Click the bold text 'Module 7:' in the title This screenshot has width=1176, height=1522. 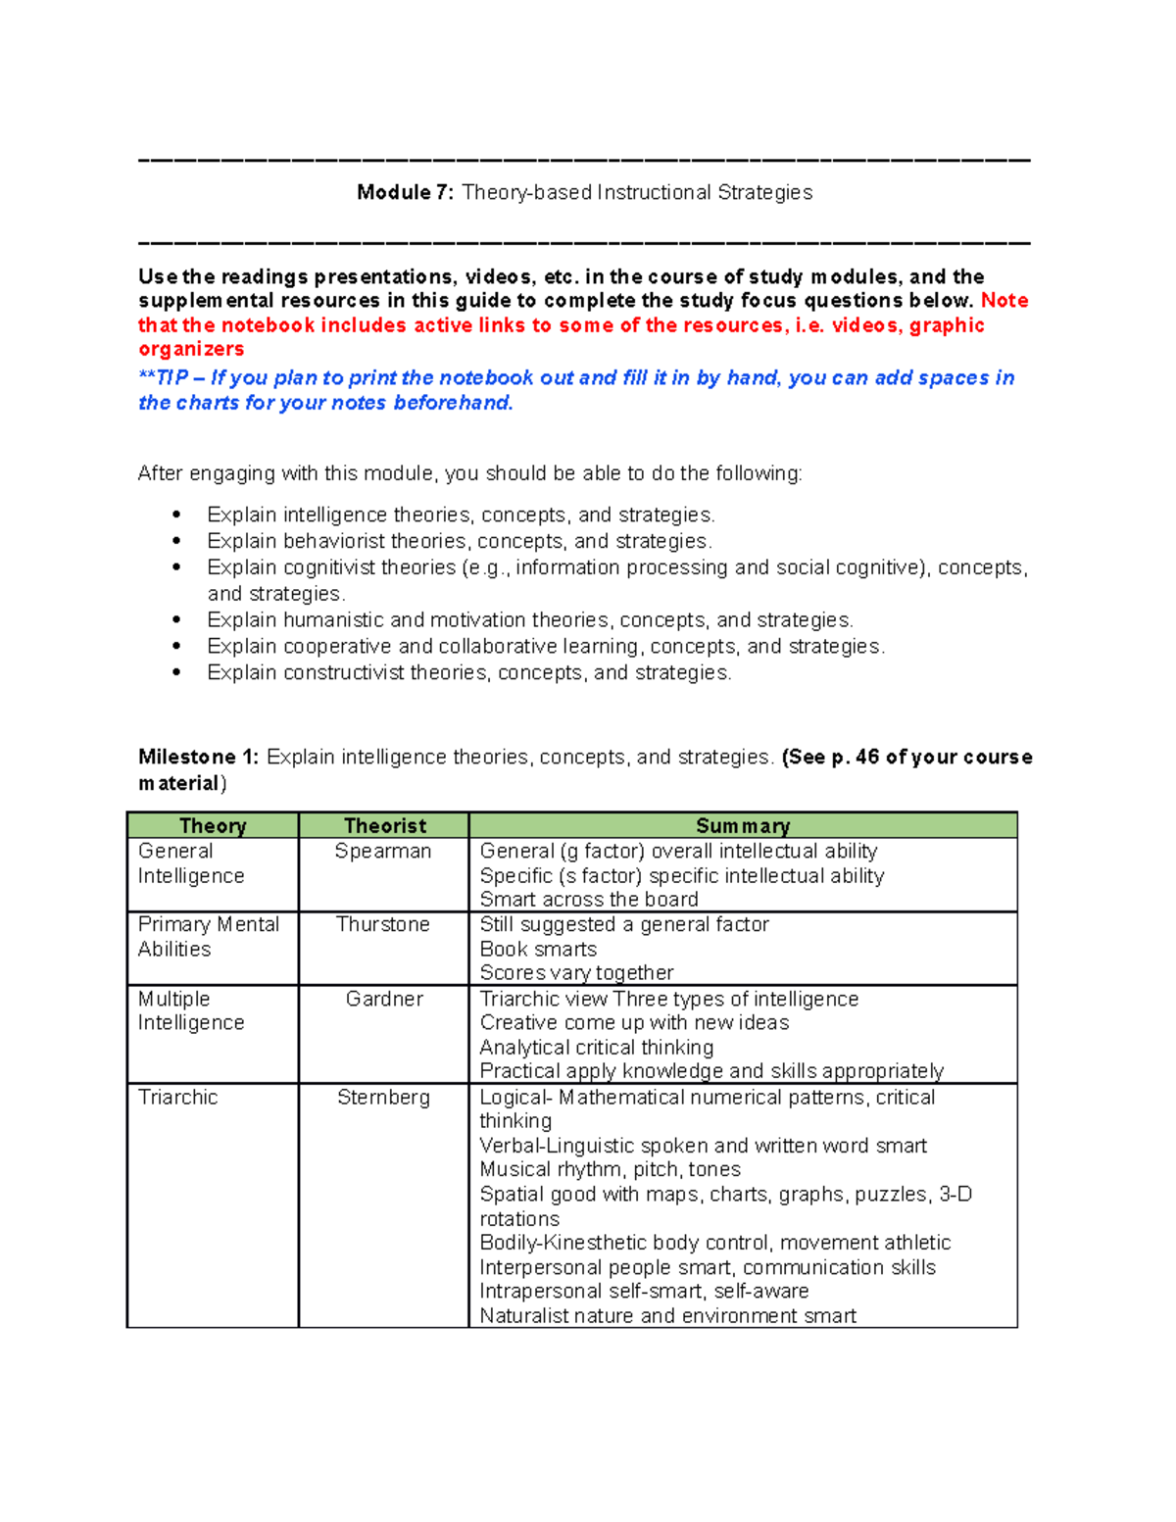pyautogui.click(x=405, y=193)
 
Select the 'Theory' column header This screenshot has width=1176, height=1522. pyautogui.click(x=213, y=826)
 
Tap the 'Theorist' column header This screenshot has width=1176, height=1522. pyautogui.click(x=384, y=826)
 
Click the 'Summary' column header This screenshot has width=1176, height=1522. pyautogui.click(x=743, y=826)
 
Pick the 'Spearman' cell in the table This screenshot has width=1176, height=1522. pyautogui.click(x=383, y=852)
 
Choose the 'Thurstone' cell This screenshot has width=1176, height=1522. pyautogui.click(x=383, y=925)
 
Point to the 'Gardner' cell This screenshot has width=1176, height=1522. pyautogui.click(x=384, y=1000)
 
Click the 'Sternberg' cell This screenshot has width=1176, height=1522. pyautogui.click(x=383, y=1098)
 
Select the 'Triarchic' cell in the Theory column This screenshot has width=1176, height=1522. pyautogui.click(x=178, y=1098)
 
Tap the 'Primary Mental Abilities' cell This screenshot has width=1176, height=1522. pyautogui.click(x=208, y=937)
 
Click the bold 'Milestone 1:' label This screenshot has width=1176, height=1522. pyautogui.click(x=199, y=758)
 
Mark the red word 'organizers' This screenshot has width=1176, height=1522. pyautogui.click(x=191, y=350)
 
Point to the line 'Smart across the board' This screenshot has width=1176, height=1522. pyautogui.click(x=589, y=900)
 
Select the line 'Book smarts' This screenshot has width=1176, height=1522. pyautogui.click(x=538, y=950)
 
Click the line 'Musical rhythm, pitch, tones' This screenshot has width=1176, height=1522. pyautogui.click(x=610, y=1170)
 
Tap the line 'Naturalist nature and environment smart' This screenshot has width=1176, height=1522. pyautogui.click(x=667, y=1316)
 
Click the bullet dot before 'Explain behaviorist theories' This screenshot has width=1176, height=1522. pyautogui.click(x=176, y=541)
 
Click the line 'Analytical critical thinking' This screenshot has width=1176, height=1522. pyautogui.click(x=596, y=1048)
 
